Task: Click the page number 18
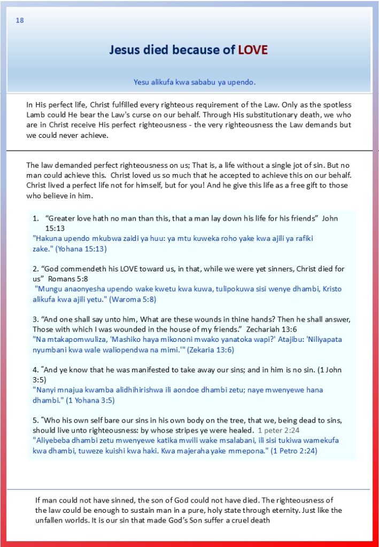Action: pos(20,20)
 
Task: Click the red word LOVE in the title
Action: pos(253,50)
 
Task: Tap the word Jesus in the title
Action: pos(126,50)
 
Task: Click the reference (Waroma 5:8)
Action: pos(132,299)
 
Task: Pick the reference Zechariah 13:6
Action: pos(275,329)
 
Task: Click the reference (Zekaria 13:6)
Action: pos(203,350)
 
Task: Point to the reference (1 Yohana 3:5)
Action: pos(84,400)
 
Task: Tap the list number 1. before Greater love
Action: pos(36,218)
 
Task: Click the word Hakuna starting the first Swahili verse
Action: pos(47,238)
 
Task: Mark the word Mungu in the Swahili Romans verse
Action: pos(50,289)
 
